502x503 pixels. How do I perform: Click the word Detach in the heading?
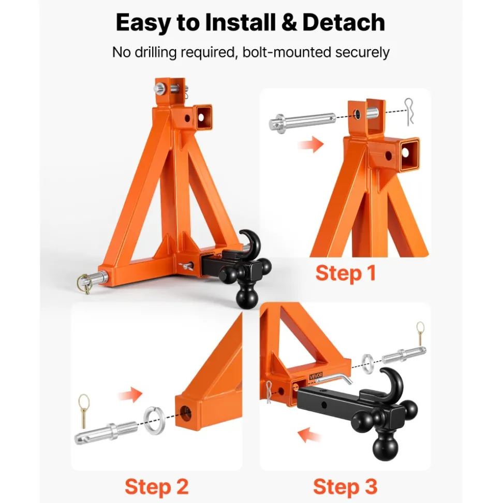[x=343, y=22]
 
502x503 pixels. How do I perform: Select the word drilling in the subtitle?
[x=155, y=52]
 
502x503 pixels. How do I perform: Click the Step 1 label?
[x=345, y=273]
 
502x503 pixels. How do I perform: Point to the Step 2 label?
[x=156, y=486]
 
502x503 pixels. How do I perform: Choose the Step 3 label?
[x=345, y=486]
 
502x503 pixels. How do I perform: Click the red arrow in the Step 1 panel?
[x=311, y=144]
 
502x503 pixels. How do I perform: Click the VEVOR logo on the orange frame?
[x=316, y=376]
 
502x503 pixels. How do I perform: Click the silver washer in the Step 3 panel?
[x=367, y=360]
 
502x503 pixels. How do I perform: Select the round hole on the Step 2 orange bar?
[x=186, y=413]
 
